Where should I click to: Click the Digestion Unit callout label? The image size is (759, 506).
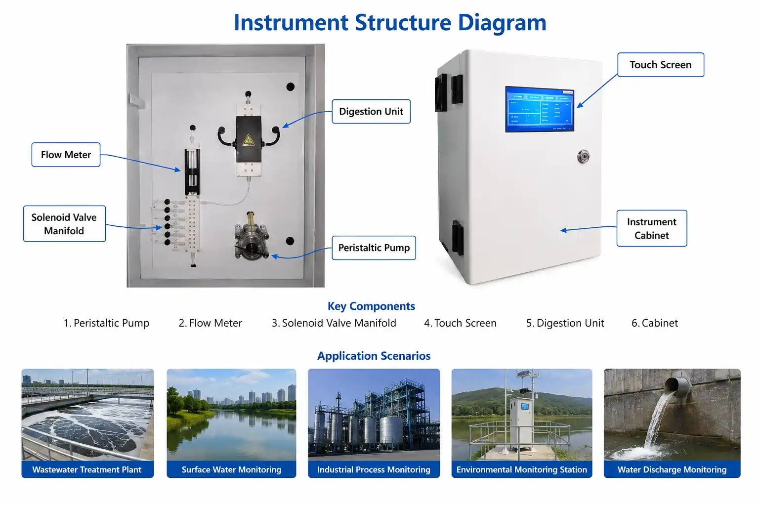pos(371,112)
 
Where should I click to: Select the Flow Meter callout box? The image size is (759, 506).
pos(66,155)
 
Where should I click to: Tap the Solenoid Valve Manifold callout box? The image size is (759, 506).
pos(64,224)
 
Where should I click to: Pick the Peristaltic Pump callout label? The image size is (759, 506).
pos(374,248)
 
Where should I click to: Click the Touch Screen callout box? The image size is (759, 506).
pos(660,65)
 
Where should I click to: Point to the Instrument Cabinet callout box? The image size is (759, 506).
pos(652,228)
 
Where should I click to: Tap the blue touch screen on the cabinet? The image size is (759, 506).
pos(540,109)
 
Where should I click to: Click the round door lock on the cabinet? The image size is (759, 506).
pos(583,156)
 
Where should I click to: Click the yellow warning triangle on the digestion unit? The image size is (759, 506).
pos(249,140)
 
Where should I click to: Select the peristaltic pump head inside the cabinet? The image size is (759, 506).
pos(252,237)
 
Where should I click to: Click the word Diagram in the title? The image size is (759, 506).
pos(502,23)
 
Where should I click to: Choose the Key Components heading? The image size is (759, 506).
pos(371,306)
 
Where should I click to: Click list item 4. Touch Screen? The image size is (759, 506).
pos(460,323)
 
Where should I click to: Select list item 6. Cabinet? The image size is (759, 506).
pos(655,323)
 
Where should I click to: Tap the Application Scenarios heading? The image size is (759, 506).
pos(374,356)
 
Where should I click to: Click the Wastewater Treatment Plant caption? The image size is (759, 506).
pos(87,469)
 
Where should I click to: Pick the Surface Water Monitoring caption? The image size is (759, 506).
pos(231,469)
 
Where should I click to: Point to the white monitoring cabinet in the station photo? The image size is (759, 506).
pos(522,423)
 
